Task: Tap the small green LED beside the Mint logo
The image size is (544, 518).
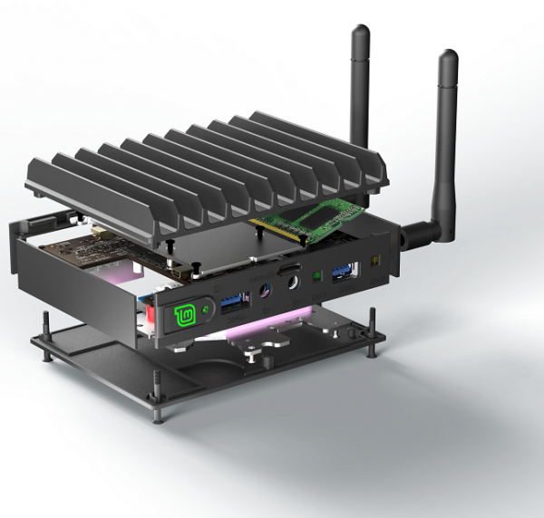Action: pos(207,309)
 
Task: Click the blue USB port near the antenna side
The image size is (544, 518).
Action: pos(345,270)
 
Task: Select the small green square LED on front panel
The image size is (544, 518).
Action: pos(316,275)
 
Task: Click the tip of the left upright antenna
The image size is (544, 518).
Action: pos(359,33)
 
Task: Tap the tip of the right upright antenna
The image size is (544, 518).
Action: pos(448,57)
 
